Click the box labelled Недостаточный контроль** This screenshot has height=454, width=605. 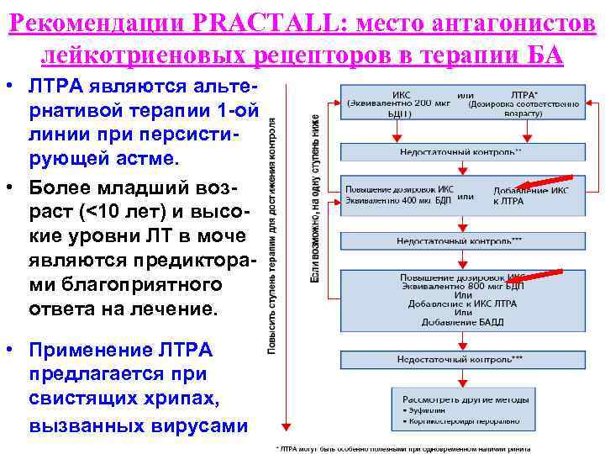[x=460, y=152]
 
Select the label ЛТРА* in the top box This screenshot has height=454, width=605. [x=526, y=95]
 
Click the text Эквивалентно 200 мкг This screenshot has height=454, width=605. [x=399, y=103]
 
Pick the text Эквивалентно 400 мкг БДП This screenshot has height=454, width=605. [x=398, y=201]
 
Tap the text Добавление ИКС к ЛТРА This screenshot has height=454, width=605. [x=531, y=196]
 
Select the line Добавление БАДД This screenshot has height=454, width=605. [x=461, y=322]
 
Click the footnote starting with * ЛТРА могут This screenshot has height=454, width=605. [x=403, y=448]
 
